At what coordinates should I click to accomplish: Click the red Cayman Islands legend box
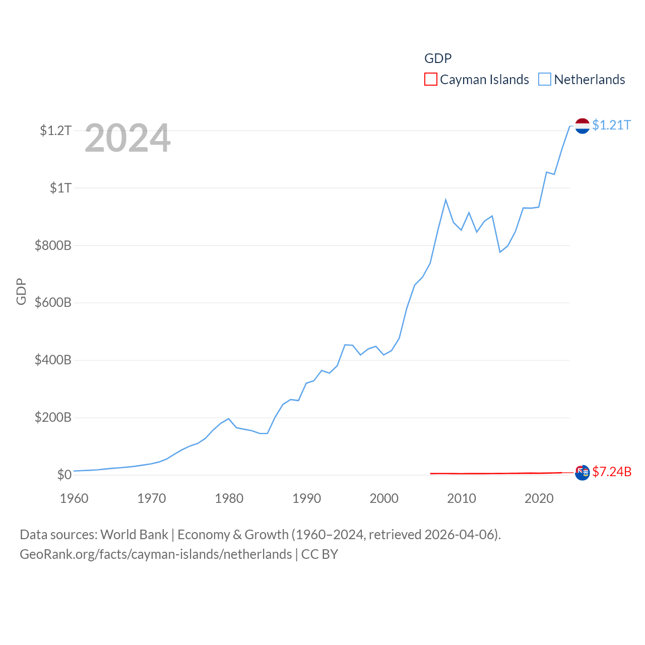[430, 79]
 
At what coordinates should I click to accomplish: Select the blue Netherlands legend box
[545, 79]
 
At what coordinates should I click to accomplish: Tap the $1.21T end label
[611, 125]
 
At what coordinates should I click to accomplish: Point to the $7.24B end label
[612, 472]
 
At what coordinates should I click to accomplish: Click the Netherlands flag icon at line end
[583, 126]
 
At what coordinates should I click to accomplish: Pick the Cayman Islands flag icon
[583, 473]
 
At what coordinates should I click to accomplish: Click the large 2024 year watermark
[127, 138]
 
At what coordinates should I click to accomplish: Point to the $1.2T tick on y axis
[55, 131]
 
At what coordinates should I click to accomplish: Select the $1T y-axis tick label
[60, 188]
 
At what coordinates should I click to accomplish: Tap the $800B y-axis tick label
[53, 245]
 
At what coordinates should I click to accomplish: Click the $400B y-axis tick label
[53, 360]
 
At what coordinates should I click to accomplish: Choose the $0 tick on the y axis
[64, 475]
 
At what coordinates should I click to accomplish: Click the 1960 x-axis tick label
[74, 498]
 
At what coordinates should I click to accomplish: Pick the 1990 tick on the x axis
[306, 498]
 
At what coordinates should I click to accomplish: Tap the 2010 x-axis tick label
[462, 498]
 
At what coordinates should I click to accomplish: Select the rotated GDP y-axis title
[21, 291]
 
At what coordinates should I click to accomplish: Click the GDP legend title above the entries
[438, 58]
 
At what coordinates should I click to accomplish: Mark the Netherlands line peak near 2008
[445, 200]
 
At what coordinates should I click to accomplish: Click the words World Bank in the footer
[135, 534]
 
